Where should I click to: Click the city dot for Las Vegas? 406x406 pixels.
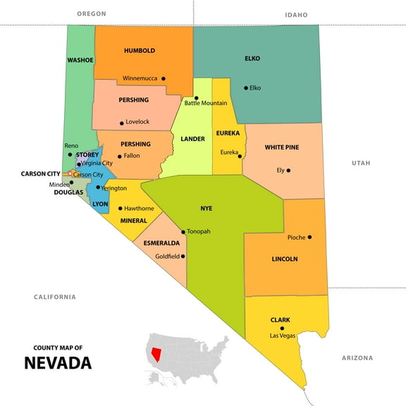click(x=282, y=328)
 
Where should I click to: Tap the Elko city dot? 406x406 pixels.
click(x=246, y=88)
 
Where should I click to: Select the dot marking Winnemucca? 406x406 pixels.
click(x=164, y=78)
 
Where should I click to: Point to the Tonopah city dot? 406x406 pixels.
click(x=183, y=232)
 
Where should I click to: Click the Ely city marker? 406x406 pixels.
click(x=288, y=170)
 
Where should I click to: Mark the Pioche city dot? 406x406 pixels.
click(x=309, y=237)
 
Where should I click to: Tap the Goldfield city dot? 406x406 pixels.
click(x=183, y=257)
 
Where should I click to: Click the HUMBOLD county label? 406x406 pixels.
click(x=139, y=51)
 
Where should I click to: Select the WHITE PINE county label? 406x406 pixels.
click(x=282, y=147)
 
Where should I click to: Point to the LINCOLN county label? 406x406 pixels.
click(x=285, y=259)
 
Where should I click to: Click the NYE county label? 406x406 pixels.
click(x=206, y=209)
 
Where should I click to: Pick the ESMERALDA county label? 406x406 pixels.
click(x=161, y=243)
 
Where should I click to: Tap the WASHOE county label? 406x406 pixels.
click(x=80, y=60)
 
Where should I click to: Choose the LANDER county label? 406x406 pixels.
click(x=192, y=139)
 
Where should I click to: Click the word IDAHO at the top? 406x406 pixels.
click(x=296, y=14)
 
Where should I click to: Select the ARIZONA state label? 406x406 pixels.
click(x=357, y=358)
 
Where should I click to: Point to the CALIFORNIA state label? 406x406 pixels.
click(x=55, y=297)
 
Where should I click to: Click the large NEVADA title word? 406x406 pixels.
click(x=58, y=364)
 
